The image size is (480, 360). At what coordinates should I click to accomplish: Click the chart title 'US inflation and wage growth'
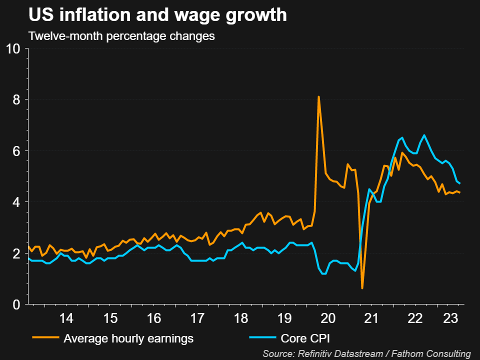(157, 15)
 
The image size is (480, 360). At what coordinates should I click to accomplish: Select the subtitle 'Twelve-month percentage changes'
(121, 36)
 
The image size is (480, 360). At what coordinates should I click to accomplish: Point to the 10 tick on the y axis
(13, 48)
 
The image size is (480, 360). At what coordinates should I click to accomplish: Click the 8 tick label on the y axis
(16, 100)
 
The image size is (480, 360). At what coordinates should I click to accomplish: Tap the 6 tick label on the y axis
(16, 151)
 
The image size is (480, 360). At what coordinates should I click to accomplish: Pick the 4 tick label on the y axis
(16, 202)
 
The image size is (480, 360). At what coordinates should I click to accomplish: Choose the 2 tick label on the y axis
(16, 253)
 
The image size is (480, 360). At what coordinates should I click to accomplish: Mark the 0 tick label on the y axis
(16, 304)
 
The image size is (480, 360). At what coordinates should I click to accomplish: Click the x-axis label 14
(66, 318)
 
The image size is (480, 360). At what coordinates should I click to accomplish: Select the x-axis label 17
(197, 318)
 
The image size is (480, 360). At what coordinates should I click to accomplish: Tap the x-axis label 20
(327, 318)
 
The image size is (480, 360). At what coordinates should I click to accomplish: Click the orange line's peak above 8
(318, 96)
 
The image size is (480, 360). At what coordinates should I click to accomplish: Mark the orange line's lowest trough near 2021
(362, 288)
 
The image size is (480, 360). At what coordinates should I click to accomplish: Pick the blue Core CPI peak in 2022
(424, 135)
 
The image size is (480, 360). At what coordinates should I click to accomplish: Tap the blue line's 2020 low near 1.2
(323, 273)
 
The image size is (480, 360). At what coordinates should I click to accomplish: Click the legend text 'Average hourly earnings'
(128, 338)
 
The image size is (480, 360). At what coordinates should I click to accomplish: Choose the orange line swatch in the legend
(45, 338)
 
